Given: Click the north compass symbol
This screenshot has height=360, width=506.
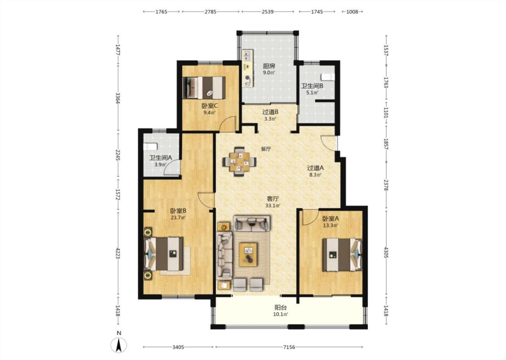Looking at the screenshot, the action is coord(119,345).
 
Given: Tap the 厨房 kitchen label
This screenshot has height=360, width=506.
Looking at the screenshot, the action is coord(269,66).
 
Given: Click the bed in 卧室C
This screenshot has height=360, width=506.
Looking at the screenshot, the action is coord(204,87).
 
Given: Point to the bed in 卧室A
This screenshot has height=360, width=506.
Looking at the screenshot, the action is coord(342,254).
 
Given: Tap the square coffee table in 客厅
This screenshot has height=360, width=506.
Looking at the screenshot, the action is coord(248,254).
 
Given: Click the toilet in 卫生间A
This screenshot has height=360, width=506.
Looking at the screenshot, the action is coord(150,147).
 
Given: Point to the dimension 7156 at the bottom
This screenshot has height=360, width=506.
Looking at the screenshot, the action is coord(289,347).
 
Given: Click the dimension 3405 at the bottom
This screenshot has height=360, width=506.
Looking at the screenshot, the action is coord(178,347).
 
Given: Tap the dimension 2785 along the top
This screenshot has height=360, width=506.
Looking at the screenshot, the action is coord(210,12).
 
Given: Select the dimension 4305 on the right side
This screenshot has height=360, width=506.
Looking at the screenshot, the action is coord(386,252).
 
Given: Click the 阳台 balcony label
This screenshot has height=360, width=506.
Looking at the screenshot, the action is coord(281,307).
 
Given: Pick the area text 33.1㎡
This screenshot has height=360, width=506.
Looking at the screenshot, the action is coord(273,205).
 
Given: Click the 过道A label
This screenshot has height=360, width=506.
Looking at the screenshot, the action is coord(315,168).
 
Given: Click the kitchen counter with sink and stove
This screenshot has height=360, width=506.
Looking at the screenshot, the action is coord(248,69).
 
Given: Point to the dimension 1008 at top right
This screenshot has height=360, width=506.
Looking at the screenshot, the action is coord(352,12).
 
